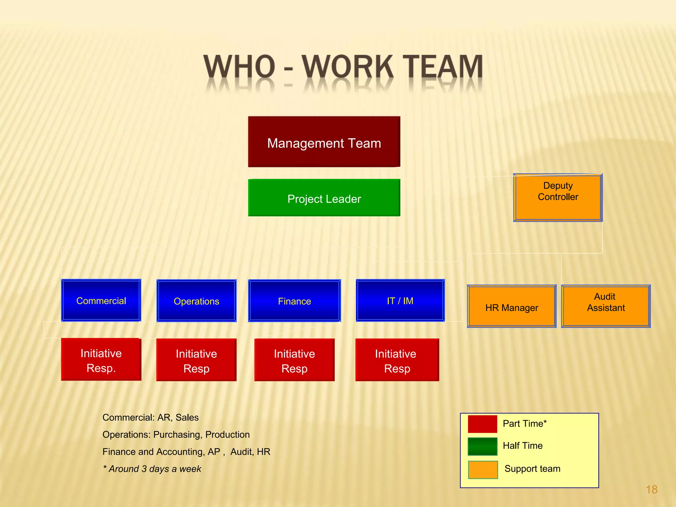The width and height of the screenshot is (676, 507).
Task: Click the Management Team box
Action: tap(324, 142)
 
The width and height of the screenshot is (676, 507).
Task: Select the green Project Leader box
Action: tap(324, 198)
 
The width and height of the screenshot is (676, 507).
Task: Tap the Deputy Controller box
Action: tap(558, 197)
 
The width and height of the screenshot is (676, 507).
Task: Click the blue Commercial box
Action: tap(101, 300)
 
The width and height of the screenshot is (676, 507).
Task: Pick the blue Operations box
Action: tap(196, 301)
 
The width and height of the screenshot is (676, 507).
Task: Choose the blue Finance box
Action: tap(294, 301)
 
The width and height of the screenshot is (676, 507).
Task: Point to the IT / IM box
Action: tap(400, 300)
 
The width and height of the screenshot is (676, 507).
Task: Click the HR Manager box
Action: tap(512, 306)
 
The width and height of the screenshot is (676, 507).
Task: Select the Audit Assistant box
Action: tap(606, 306)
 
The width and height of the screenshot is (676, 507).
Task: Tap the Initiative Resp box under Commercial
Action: tap(101, 359)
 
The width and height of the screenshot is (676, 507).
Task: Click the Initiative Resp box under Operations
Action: tap(196, 360)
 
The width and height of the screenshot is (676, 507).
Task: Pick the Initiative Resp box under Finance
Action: tap(294, 360)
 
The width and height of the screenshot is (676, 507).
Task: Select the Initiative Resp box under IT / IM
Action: tap(397, 360)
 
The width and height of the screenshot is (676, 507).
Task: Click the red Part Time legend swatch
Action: tap(482, 424)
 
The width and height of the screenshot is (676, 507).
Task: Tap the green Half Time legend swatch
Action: tap(482, 446)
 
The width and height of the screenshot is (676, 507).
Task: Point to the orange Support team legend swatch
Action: tap(483, 470)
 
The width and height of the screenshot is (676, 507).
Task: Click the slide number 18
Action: tap(651, 489)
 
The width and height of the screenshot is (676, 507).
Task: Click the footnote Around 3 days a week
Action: tap(152, 469)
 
